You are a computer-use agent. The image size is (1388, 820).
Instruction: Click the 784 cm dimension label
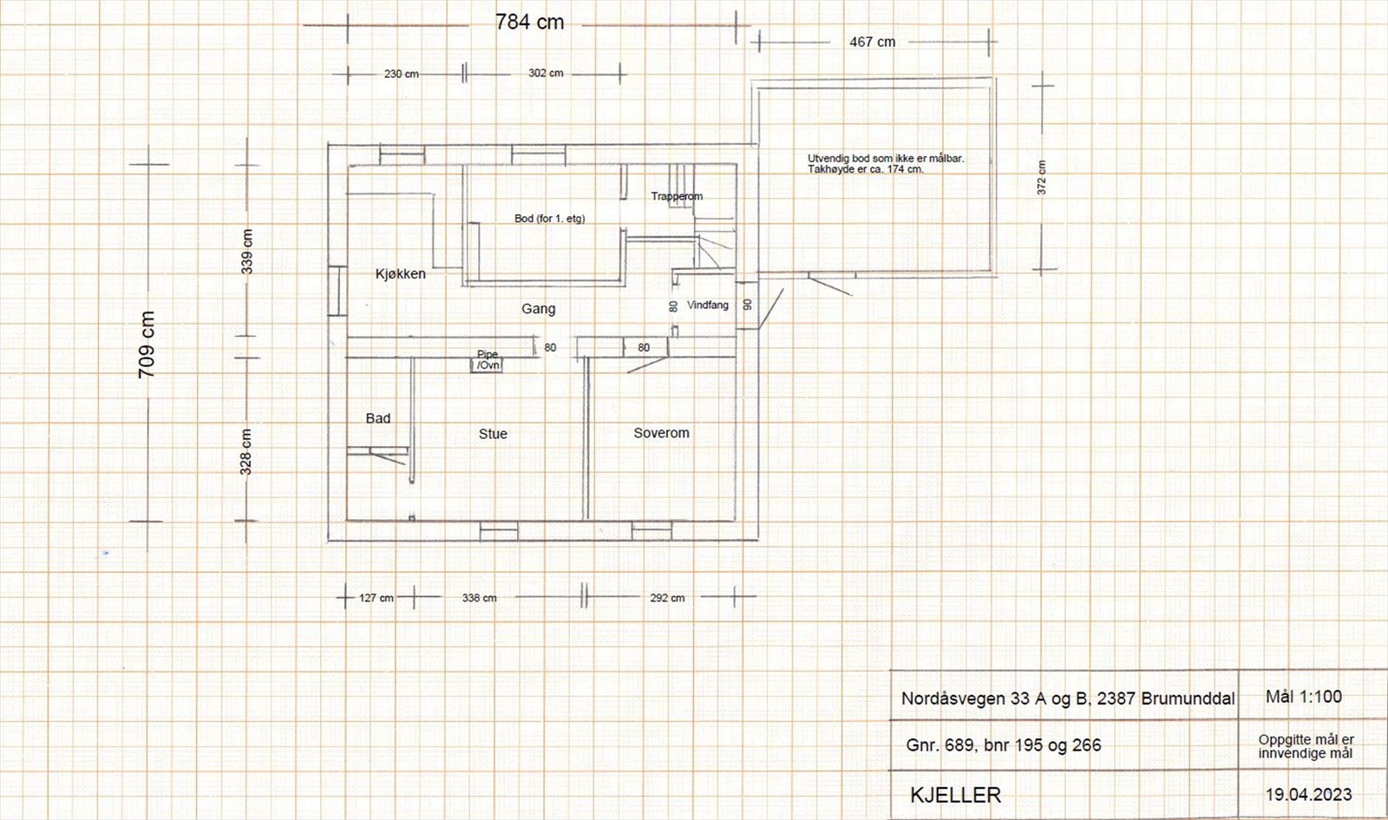pos(530,23)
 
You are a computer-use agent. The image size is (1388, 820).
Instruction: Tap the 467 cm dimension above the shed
pos(873,43)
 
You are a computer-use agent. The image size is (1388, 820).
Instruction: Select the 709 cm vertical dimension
pos(147,344)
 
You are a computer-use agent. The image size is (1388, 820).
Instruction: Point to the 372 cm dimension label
pos(1042,178)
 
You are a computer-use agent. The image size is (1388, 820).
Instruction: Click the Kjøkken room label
pos(400,274)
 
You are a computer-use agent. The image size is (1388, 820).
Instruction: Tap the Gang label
pos(539,309)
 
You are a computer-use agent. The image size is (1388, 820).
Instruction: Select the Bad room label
pos(378,418)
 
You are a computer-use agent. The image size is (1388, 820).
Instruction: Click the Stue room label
pos(493,434)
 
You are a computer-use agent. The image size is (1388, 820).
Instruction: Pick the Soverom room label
pos(661,433)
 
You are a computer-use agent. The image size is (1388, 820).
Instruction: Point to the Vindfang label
pos(708,305)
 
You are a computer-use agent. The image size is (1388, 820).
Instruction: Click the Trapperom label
pos(677,196)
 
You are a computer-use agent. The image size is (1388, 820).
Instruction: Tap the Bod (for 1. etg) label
pos(550,218)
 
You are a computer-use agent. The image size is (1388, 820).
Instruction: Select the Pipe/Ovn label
pos(488,359)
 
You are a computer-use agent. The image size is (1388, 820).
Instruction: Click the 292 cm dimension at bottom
pos(667,598)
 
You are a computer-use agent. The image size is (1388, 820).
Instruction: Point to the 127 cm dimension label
pos(376,598)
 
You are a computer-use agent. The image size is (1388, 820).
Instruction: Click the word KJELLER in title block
pos(955,795)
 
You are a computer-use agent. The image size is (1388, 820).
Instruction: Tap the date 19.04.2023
pos(1309,795)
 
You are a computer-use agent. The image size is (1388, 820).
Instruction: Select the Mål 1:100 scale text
pos(1304,697)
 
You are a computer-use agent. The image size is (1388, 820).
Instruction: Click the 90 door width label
pos(748,305)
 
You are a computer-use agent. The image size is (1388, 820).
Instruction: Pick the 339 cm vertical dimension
pos(246,252)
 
